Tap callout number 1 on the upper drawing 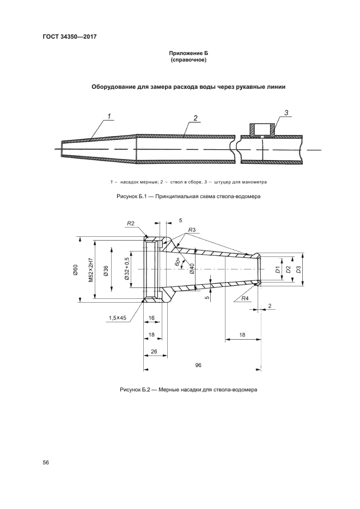[109, 115]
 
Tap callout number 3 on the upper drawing [286, 113]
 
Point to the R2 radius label [131, 223]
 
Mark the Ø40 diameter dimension [192, 269]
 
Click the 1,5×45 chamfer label [118, 317]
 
